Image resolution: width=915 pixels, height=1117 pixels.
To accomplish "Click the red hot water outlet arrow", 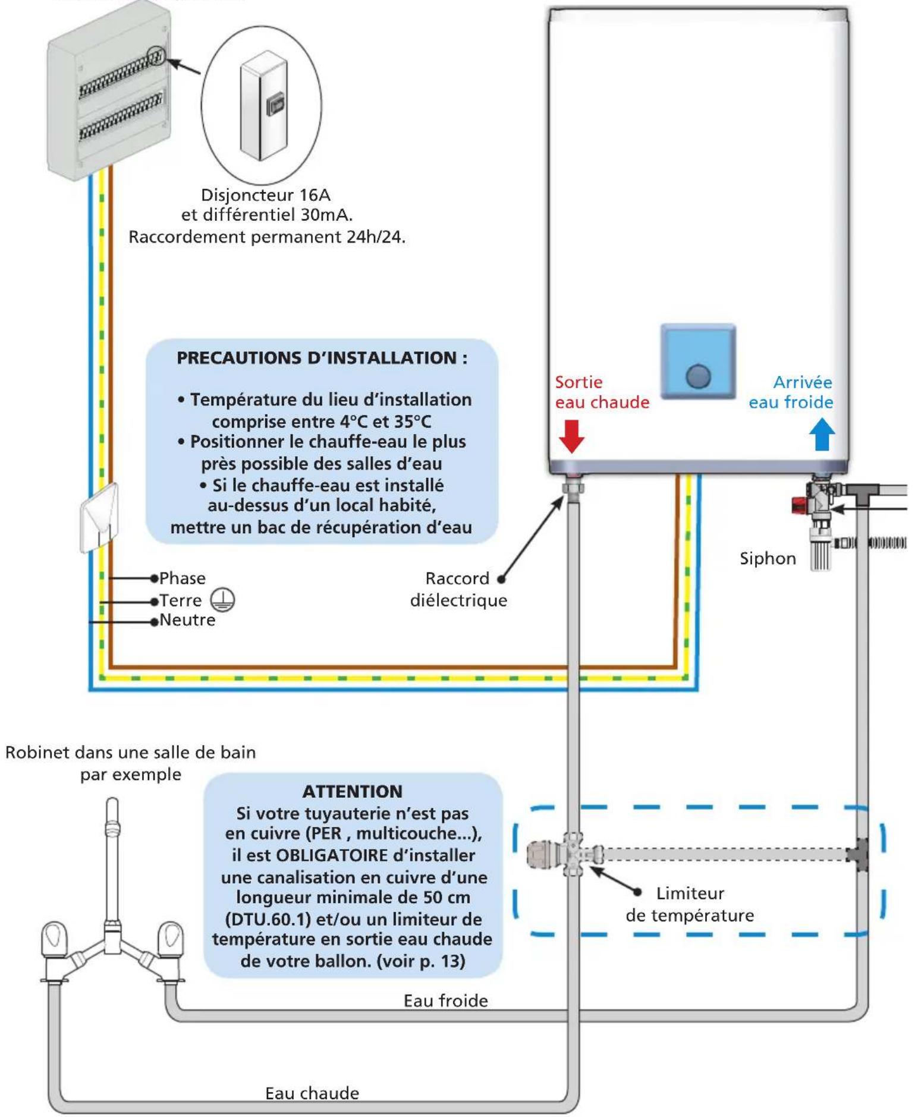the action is click(571, 436).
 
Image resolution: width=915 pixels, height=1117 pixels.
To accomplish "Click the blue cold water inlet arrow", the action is click(822, 434).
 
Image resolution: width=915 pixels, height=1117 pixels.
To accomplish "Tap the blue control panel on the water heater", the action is click(699, 361).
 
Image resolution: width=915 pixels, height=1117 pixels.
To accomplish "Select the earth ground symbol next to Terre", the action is click(224, 599).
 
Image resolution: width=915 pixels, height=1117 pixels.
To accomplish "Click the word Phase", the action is click(183, 578).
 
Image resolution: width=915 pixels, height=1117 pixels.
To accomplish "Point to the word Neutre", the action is click(187, 620).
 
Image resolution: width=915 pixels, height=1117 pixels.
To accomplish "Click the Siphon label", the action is click(768, 559).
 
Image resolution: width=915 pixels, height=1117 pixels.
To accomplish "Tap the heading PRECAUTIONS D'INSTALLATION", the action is click(322, 358).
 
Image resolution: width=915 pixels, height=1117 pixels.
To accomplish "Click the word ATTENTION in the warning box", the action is click(353, 791).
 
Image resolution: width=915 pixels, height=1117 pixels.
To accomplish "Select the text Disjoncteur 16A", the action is click(266, 195).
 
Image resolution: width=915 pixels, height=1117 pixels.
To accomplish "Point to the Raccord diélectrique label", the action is click(458, 589).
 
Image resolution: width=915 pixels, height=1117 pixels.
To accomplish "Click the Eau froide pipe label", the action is click(446, 1001).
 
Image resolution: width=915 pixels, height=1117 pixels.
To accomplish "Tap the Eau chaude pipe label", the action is click(312, 1093).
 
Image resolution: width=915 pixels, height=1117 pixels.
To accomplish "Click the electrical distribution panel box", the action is click(109, 89).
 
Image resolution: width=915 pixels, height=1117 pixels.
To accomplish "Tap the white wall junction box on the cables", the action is click(99, 516).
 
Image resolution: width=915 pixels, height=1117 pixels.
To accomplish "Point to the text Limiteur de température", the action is click(690, 904).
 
